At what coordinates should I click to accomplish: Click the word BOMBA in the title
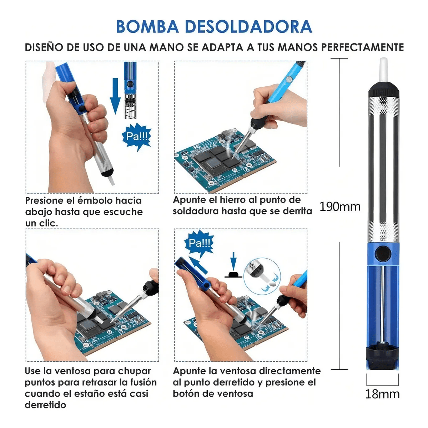(x=147, y=27)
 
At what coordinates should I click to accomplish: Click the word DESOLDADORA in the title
(x=248, y=27)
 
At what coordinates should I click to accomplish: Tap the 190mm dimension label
(x=340, y=207)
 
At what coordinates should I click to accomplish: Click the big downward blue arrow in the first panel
(x=115, y=96)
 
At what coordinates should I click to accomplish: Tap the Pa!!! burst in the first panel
(x=136, y=137)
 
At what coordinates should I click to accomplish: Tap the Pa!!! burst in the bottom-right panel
(x=199, y=243)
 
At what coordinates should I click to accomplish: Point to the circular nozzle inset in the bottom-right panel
(x=262, y=276)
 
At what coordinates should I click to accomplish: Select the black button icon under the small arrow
(x=233, y=275)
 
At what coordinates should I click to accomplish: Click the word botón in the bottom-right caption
(x=185, y=394)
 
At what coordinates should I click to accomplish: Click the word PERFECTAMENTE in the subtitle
(x=362, y=47)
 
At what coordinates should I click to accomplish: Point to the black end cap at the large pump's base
(x=382, y=356)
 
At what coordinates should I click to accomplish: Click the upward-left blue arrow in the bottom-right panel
(x=198, y=265)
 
